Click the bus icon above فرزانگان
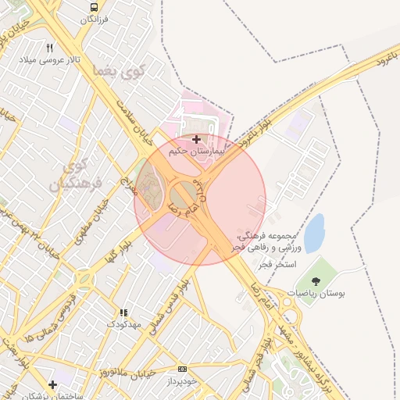pos(93,5)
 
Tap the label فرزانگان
pos(93,17)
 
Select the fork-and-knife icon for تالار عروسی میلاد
pos(51,48)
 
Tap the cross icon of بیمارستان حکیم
pos(195,138)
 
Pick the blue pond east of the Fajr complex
pos(314,233)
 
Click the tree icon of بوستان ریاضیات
pos(315,280)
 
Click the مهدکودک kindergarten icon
pos(123,312)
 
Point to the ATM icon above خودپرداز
pos(182,369)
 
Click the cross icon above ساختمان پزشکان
pos(52,384)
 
